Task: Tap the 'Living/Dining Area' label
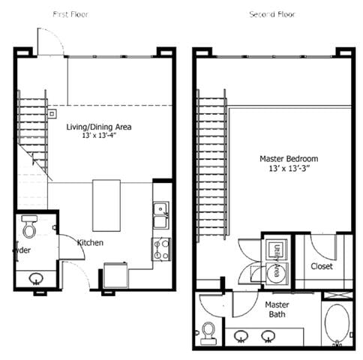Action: [99, 127]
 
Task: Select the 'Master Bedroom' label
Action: [289, 159]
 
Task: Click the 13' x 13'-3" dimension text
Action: [289, 169]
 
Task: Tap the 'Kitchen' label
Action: [90, 242]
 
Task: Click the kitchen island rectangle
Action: [107, 205]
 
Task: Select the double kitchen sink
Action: [160, 215]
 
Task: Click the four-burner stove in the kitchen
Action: [161, 249]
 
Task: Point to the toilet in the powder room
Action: [30, 227]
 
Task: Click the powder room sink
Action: [36, 279]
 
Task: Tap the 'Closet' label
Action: [322, 265]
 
